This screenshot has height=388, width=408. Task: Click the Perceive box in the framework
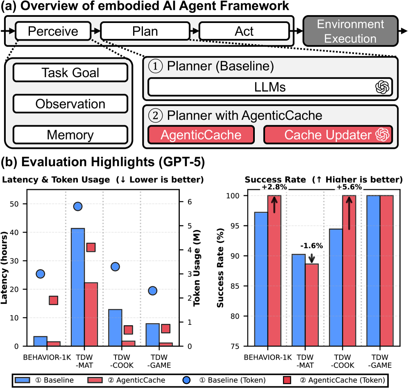[53, 31]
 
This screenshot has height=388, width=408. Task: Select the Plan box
[145, 31]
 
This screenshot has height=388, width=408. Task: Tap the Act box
[244, 31]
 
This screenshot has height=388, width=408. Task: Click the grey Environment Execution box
[350, 31]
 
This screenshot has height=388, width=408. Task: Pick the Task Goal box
[70, 73]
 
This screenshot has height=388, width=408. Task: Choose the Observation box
[70, 104]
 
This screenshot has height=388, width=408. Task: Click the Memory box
[70, 135]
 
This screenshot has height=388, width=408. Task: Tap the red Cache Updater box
[328, 135]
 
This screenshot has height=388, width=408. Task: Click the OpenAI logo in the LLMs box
[382, 87]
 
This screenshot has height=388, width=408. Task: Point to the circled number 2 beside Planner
[155, 115]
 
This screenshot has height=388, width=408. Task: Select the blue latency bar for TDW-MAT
[78, 287]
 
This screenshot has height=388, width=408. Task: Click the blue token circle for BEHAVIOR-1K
[40, 274]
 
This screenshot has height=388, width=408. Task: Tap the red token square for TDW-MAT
[91, 247]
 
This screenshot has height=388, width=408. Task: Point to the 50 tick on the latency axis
[14, 204]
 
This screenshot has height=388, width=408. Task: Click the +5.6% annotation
[349, 187]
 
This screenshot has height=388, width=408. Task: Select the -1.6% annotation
[311, 246]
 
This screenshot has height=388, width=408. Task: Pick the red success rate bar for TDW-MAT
[312, 305]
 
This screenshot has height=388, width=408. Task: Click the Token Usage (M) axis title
[197, 268]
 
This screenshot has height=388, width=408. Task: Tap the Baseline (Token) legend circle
[186, 380]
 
